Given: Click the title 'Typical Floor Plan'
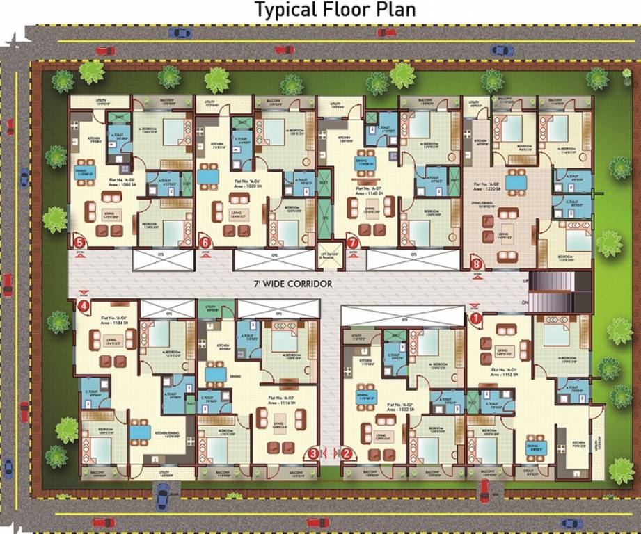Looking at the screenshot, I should [x=335, y=10].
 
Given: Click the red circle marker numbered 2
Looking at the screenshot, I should [x=347, y=453].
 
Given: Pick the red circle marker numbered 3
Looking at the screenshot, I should [x=314, y=453].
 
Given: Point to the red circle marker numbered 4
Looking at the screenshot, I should [x=84, y=305].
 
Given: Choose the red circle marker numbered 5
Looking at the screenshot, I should [x=80, y=243].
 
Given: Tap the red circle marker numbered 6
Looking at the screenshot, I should [x=205, y=243].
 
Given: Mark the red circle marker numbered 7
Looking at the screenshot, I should [x=352, y=243].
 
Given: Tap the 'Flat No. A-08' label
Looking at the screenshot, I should [x=489, y=185].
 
